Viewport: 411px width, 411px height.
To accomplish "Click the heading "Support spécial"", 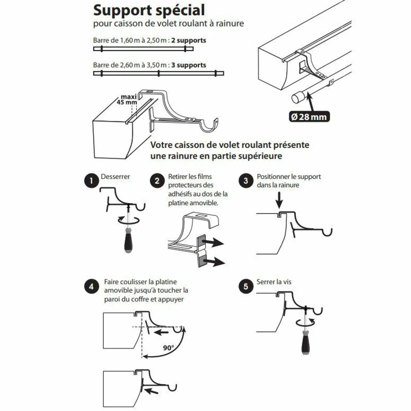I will click(x=149, y=10).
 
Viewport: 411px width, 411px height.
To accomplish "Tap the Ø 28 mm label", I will click(x=309, y=117).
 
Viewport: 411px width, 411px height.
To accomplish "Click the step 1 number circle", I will click(x=91, y=181).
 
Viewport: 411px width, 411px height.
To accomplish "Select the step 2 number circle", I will click(x=157, y=181).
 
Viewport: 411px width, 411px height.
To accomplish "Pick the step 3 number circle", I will click(x=246, y=181).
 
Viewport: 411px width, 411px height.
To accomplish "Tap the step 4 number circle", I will click(x=91, y=286).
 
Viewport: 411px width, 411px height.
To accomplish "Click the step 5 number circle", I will click(x=246, y=286).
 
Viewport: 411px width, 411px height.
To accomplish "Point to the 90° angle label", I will click(x=168, y=348).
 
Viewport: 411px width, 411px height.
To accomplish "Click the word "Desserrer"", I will click(x=115, y=177).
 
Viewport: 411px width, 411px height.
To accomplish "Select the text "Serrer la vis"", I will click(x=274, y=282).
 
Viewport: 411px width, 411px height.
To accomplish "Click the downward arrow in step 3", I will click(x=279, y=200).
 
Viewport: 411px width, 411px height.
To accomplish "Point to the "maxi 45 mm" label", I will click(x=128, y=99).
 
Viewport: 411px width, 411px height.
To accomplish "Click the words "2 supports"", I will click(x=189, y=40).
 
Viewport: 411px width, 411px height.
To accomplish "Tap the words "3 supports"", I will click(x=189, y=65).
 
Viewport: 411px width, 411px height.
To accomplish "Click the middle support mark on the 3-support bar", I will click(x=158, y=73).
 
